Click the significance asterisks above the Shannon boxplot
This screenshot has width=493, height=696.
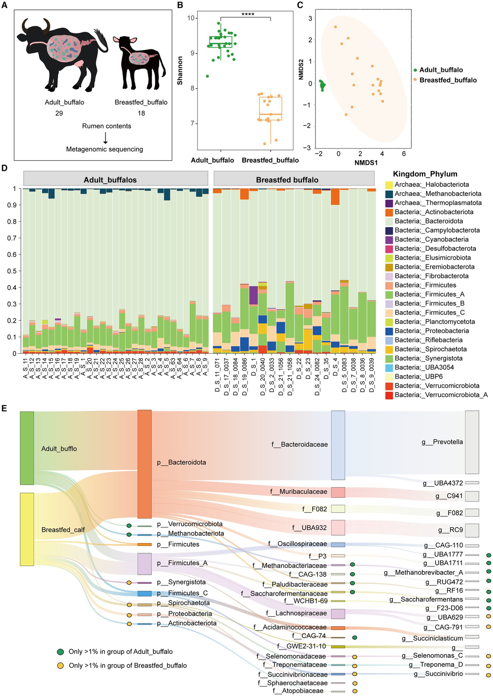coord(248,14)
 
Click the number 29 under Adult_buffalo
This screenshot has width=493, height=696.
coord(59,113)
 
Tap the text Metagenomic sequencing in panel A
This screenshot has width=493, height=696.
coord(104,149)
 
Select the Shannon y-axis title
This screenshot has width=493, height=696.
coord(180,71)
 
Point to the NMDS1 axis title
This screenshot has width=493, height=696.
coord(366,162)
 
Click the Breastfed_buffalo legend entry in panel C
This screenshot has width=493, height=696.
coord(448,80)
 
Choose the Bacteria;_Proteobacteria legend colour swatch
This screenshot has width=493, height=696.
coord(388,331)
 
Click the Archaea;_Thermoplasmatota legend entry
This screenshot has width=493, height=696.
coord(438,203)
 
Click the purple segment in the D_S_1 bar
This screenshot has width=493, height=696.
coord(253,295)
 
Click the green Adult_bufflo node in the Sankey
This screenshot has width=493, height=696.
coord(27,448)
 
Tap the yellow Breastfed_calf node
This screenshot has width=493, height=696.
coord(27,529)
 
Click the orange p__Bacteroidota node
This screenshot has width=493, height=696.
coord(145,464)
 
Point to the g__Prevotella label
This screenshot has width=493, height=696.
coord(442,442)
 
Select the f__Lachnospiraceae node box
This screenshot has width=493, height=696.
coord(338,614)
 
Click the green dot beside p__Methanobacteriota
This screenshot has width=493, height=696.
coord(129,534)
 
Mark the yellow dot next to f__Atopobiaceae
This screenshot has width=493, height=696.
coord(355,691)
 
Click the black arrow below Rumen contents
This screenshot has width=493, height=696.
coord(105,138)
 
